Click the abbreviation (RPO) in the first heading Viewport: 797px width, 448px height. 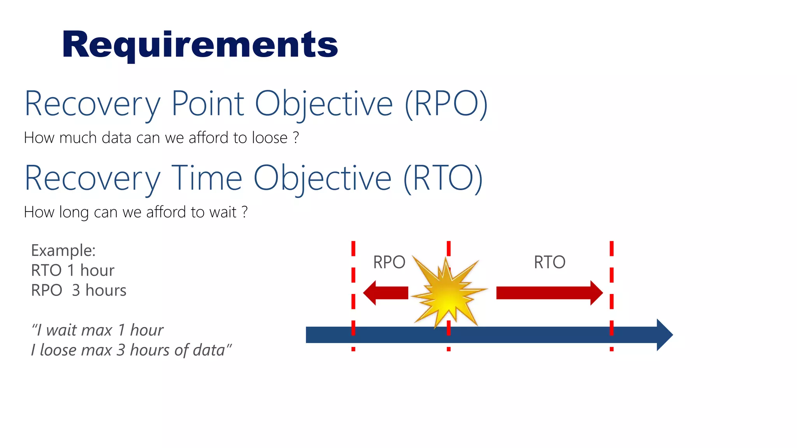[446, 104]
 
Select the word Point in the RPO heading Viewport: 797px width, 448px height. [207, 104]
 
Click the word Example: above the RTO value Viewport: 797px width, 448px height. [63, 250]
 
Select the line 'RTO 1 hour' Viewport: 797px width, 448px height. [72, 270]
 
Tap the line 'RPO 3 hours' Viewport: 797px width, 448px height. [79, 290]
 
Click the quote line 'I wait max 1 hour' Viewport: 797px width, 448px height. [97, 330]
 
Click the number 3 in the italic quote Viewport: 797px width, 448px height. [121, 350]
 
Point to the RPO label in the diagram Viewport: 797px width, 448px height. [389, 262]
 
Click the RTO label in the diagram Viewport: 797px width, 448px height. [549, 262]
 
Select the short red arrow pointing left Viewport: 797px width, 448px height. [385, 293]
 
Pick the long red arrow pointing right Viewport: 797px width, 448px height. [549, 293]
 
